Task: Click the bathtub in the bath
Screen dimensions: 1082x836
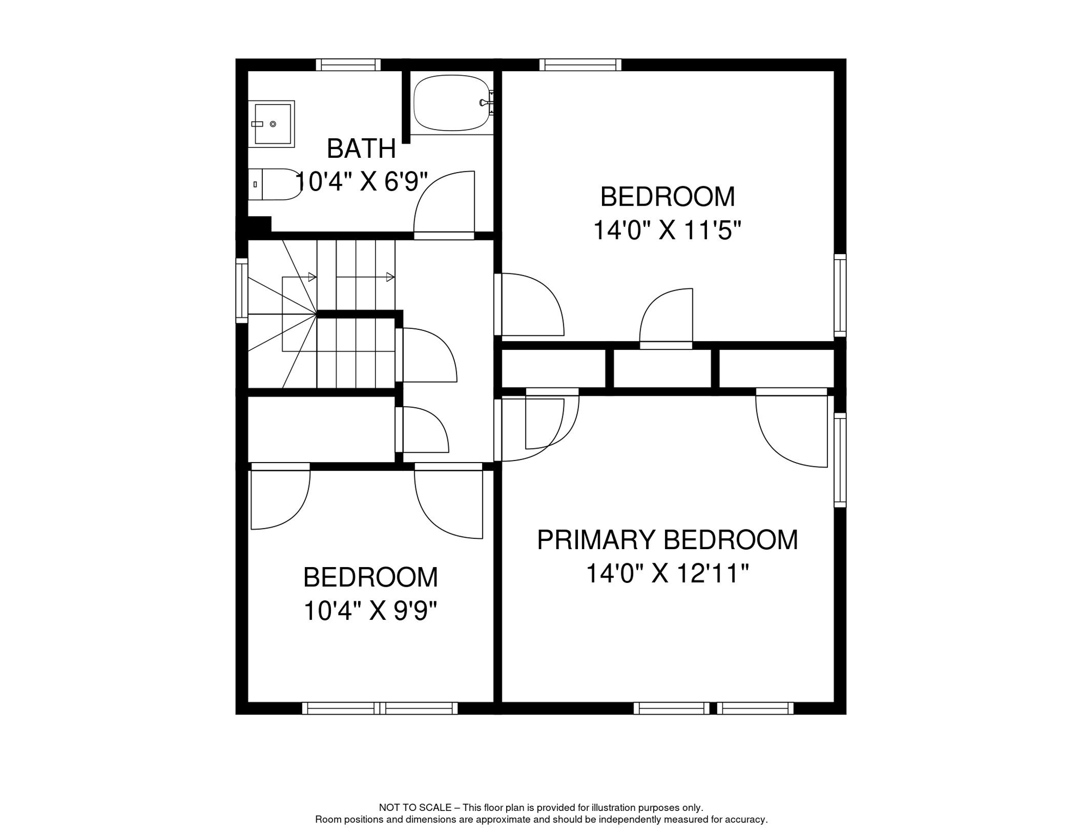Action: pyautogui.click(x=451, y=103)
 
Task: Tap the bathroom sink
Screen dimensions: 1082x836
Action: pyautogui.click(x=272, y=124)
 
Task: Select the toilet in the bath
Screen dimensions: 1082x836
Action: pyautogui.click(x=274, y=185)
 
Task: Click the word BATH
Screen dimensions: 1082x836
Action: pyautogui.click(x=361, y=149)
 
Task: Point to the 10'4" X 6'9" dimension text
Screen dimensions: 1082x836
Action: pyautogui.click(x=361, y=181)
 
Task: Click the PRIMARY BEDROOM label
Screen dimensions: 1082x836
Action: pyautogui.click(x=667, y=540)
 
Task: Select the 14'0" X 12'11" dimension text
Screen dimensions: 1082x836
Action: pyautogui.click(x=667, y=573)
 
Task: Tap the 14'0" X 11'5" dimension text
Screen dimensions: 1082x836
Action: pyautogui.click(x=667, y=230)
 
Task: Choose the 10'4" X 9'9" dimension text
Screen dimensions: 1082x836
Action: pyautogui.click(x=370, y=611)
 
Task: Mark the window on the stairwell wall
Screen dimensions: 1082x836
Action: pyautogui.click(x=242, y=291)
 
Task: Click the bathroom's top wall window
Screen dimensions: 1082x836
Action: pyautogui.click(x=348, y=65)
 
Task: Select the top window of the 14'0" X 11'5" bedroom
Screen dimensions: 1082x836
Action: pyautogui.click(x=580, y=65)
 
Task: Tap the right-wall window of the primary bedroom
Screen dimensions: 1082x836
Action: pyautogui.click(x=840, y=460)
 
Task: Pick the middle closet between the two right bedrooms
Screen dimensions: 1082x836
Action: pyautogui.click(x=662, y=368)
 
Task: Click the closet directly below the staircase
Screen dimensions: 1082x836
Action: pyautogui.click(x=322, y=429)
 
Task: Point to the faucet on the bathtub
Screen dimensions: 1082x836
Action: pyautogui.click(x=487, y=103)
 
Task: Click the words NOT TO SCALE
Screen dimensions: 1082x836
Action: pyautogui.click(x=415, y=808)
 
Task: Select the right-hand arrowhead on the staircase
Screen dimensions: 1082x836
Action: pyautogui.click(x=390, y=278)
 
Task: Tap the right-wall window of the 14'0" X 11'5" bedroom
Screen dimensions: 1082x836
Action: pyautogui.click(x=840, y=296)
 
